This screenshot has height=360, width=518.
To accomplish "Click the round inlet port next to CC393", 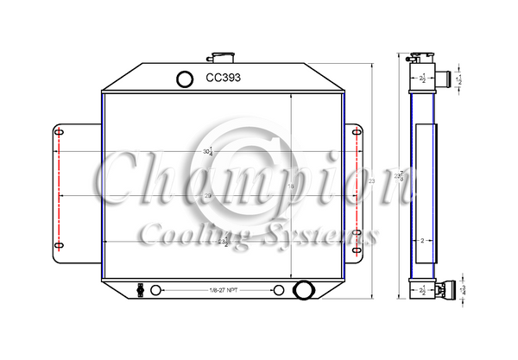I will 186,79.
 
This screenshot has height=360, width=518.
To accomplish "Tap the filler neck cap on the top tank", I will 224,58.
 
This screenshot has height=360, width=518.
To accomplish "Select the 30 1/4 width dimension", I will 208,152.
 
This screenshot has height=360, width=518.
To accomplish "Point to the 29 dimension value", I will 208,196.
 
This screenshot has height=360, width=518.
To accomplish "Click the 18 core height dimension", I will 291,186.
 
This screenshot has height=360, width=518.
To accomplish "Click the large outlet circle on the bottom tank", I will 303,290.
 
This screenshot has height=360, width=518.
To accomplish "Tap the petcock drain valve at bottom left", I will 140,289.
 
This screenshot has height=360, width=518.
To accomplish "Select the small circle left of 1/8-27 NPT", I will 156,290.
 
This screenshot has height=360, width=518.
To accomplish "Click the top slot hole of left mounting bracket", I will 59,133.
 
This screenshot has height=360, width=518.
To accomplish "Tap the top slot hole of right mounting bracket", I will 356,133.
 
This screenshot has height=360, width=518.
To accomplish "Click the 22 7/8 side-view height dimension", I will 399,176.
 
